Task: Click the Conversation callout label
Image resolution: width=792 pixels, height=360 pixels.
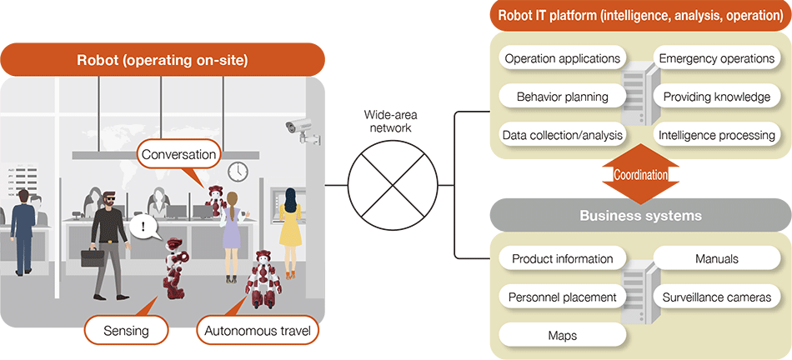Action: [x=179, y=154]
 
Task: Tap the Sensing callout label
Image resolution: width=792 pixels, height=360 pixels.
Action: [x=127, y=330]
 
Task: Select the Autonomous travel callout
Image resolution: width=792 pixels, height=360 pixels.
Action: [x=258, y=330]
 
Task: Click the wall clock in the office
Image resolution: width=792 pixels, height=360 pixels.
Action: [x=238, y=171]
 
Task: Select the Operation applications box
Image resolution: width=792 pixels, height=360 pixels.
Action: [x=563, y=58]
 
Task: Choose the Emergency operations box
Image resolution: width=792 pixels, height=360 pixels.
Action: [x=717, y=58]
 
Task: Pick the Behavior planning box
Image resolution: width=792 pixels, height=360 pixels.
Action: [x=563, y=96]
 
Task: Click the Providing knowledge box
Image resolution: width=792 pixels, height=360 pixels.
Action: [x=717, y=97]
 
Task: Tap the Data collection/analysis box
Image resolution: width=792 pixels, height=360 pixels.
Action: [x=563, y=134]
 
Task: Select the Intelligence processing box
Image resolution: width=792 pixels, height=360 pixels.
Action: [x=717, y=134]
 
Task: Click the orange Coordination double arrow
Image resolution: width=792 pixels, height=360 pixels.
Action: [x=640, y=174]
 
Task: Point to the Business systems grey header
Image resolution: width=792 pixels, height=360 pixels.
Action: [x=640, y=215]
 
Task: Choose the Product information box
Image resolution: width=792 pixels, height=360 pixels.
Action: [x=563, y=258]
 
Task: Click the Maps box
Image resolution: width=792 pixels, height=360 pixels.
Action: [x=563, y=335]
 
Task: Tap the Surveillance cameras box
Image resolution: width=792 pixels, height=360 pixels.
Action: [x=717, y=297]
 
